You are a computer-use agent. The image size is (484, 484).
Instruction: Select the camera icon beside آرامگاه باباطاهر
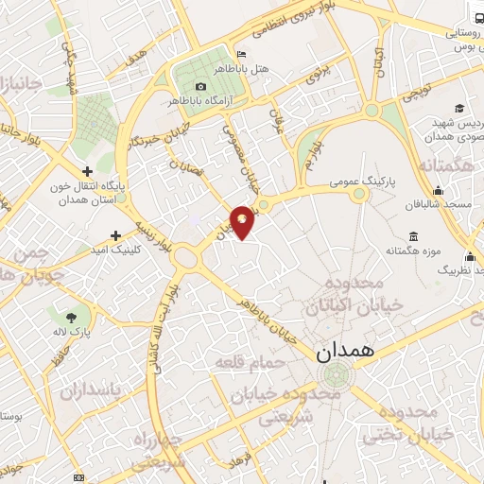(x=200, y=87)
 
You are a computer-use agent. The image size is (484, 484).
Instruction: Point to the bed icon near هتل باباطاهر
(x=242, y=54)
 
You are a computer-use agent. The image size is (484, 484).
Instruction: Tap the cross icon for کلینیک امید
(x=115, y=235)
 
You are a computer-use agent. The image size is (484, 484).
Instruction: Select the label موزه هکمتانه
(x=415, y=251)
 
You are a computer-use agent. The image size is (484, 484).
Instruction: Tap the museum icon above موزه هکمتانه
(x=414, y=236)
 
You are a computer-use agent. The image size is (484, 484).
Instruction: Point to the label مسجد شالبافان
(x=436, y=204)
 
